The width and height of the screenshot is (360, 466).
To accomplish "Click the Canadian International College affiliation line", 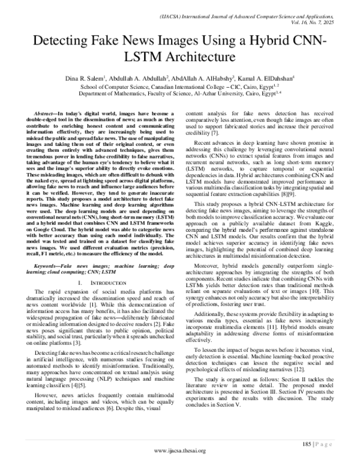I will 179,86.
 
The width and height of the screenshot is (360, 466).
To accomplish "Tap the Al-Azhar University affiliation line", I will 179,94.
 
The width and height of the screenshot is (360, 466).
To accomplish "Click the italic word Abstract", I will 45,113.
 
